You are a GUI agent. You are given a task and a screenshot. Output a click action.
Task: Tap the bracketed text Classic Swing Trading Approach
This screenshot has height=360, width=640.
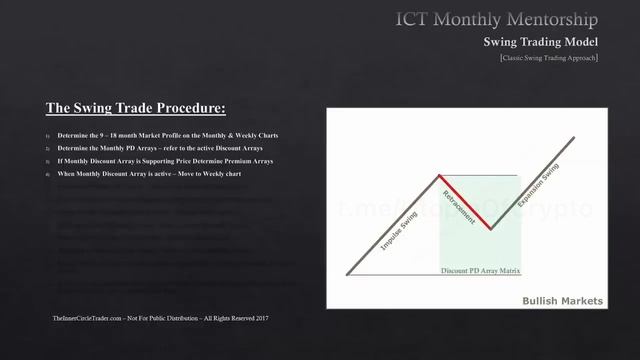(x=549, y=58)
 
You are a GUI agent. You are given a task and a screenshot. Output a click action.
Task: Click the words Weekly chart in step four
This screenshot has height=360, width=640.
(x=218, y=173)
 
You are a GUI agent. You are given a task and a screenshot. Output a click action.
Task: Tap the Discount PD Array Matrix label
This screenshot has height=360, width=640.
(x=481, y=271)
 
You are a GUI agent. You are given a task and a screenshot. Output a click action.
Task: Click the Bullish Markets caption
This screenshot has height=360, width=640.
(x=562, y=301)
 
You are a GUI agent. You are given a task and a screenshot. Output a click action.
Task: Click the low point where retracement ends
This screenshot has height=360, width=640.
(x=490, y=229)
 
